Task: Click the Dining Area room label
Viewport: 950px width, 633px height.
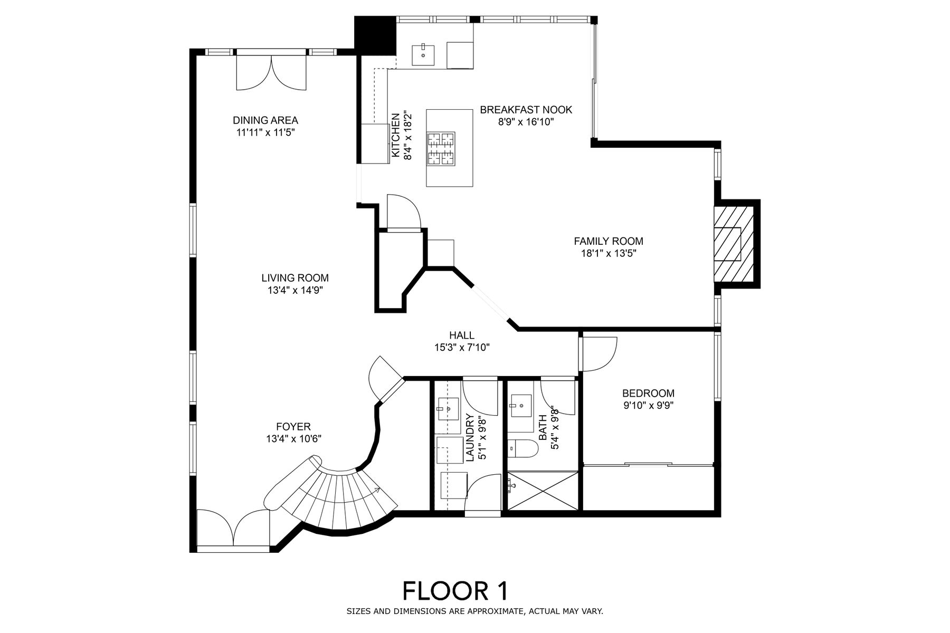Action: tap(265, 120)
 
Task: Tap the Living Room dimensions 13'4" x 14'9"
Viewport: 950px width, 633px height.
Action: tap(295, 290)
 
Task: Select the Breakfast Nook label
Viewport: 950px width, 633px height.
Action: tap(526, 110)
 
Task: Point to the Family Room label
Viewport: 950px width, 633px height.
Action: tap(609, 241)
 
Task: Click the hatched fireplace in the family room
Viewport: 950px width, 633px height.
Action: tap(734, 244)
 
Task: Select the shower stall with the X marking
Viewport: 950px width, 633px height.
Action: tap(543, 491)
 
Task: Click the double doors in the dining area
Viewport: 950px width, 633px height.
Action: tap(271, 72)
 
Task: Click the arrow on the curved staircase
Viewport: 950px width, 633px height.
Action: tap(377, 491)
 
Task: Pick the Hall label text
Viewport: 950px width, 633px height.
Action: tap(462, 335)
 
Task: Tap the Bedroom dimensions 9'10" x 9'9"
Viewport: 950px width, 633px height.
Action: tap(648, 405)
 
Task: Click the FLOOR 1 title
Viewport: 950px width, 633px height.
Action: tap(455, 591)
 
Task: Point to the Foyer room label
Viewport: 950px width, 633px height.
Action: tap(293, 426)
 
